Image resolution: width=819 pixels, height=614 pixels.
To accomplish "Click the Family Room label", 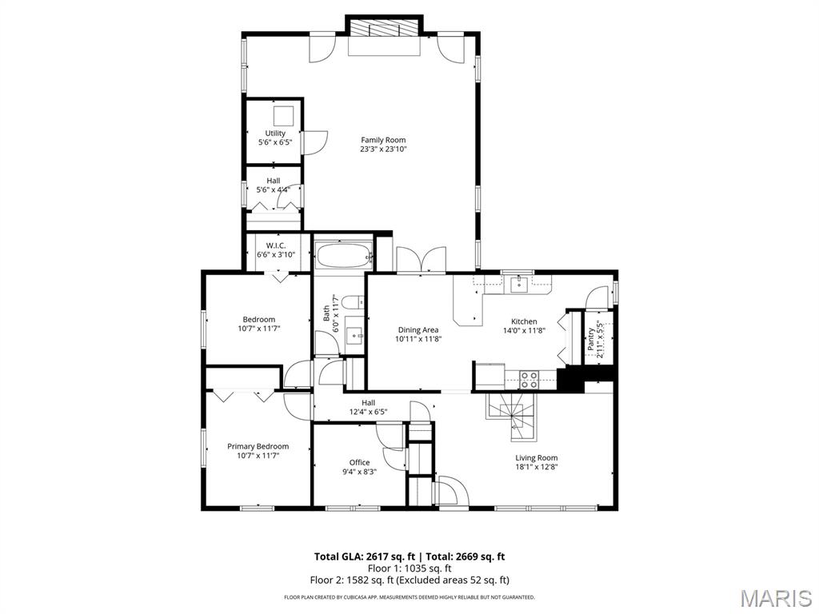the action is (383, 140).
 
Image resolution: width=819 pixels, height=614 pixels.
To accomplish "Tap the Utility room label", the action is (275, 134).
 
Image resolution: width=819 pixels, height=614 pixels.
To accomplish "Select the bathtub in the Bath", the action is (343, 256).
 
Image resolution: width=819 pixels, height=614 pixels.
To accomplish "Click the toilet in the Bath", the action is (353, 301).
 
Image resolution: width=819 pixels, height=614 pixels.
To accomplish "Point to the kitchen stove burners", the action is (529, 380).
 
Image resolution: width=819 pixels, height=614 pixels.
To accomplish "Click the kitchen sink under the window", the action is (519, 285).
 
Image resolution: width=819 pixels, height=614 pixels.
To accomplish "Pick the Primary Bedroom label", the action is (258, 446).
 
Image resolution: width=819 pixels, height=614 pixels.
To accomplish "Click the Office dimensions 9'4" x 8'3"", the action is (359, 472).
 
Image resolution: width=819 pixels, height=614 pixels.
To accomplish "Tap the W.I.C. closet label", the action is (276, 245).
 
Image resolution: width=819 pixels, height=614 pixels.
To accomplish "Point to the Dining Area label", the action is (418, 330).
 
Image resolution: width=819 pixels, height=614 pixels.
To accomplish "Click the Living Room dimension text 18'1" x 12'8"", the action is (537, 467).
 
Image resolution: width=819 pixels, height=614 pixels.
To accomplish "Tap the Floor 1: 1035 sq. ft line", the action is (410, 568).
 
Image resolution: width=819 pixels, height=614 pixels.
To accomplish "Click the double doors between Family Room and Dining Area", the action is (421, 260).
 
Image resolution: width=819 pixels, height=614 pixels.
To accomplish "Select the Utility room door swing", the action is (314, 142).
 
